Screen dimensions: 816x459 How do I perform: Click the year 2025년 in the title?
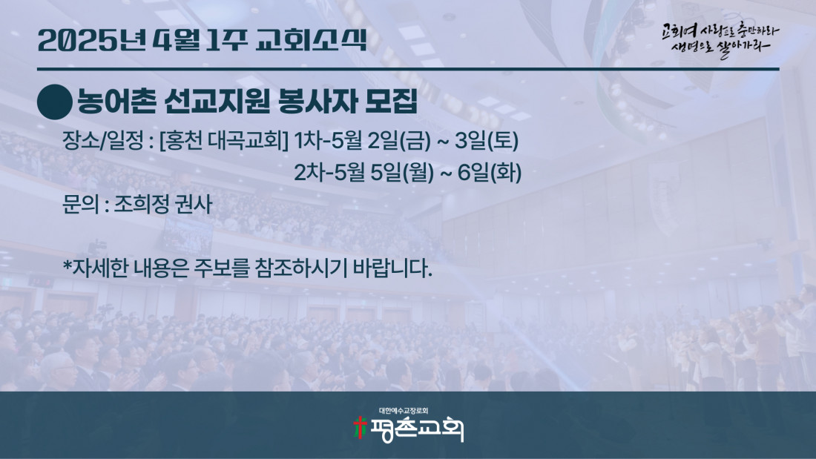[92, 41]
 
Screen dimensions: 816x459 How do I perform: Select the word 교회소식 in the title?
[311, 41]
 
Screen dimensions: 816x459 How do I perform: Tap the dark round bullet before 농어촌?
[55, 102]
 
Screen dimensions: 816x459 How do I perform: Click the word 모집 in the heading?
[391, 102]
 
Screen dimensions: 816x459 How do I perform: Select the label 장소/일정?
[102, 140]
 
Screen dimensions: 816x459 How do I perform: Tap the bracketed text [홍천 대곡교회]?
[224, 140]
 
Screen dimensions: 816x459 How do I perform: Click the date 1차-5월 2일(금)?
[363, 140]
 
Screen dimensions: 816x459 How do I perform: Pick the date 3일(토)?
[487, 140]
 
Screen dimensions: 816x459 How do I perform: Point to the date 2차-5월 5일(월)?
[363, 173]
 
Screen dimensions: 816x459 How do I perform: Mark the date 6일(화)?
[489, 173]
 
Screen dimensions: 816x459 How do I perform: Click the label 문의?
[80, 204]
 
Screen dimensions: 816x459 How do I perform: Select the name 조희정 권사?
[163, 204]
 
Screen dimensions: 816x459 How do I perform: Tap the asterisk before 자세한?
[67, 265]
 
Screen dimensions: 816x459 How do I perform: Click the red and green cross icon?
[360, 428]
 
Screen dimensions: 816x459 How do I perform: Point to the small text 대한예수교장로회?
[404, 411]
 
